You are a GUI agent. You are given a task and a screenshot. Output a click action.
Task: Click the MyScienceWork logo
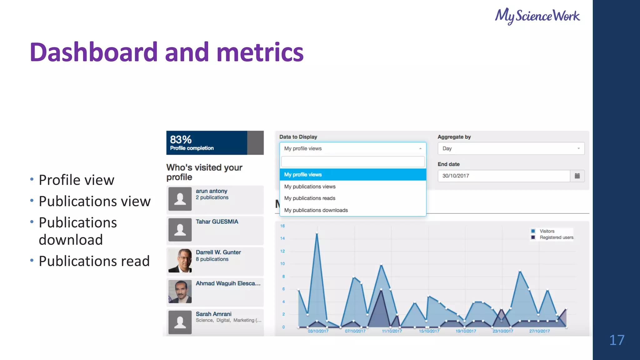click(x=537, y=16)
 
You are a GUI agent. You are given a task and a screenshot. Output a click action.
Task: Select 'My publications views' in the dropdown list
click(x=310, y=187)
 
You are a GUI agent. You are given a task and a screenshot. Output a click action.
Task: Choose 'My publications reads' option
click(x=310, y=198)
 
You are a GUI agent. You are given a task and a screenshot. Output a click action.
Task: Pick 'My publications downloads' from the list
click(x=316, y=210)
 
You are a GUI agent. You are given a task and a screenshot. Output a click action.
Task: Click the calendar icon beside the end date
click(x=577, y=176)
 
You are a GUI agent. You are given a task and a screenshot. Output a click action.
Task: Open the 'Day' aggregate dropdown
click(x=511, y=148)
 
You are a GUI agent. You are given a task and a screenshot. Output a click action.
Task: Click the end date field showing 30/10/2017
click(x=503, y=176)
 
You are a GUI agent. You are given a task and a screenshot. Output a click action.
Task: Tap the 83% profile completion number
click(x=181, y=139)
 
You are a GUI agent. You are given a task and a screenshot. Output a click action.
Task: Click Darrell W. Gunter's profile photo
click(x=180, y=260)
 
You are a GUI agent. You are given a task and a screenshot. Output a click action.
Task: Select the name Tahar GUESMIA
click(x=217, y=222)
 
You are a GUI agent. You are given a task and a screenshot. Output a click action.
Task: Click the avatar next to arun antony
click(x=180, y=199)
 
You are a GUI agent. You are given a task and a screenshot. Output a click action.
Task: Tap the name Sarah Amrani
click(x=213, y=314)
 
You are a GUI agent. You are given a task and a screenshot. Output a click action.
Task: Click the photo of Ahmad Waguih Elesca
click(x=180, y=291)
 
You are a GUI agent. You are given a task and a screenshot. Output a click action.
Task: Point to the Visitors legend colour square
click(x=533, y=231)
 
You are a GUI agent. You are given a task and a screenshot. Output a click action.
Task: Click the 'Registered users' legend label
click(x=556, y=237)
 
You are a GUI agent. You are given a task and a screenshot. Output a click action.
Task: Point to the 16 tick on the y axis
click(x=282, y=226)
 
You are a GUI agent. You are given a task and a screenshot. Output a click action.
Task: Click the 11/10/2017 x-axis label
click(x=392, y=331)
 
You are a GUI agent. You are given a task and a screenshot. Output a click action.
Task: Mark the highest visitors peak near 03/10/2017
click(x=317, y=233)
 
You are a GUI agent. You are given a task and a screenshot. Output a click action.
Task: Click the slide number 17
click(x=617, y=340)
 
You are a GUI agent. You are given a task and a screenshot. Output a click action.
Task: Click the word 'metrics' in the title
click(x=260, y=52)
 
